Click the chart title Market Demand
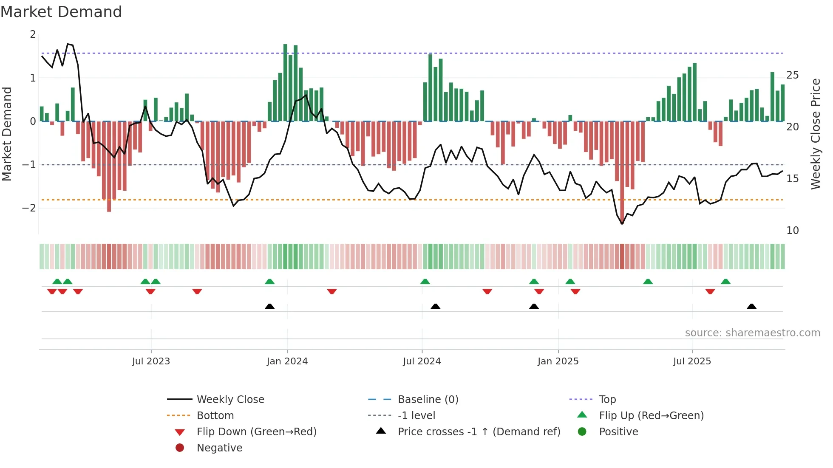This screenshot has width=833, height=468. click(x=61, y=12)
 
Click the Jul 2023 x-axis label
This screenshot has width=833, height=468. click(x=151, y=361)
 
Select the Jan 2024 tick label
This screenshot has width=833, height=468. click(x=287, y=361)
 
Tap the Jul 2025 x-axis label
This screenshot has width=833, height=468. click(x=692, y=361)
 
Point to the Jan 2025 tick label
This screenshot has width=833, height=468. click(x=558, y=361)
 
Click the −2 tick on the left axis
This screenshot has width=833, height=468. click(x=29, y=208)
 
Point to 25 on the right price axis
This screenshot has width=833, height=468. click(x=793, y=75)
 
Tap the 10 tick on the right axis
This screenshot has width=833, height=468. click(x=793, y=231)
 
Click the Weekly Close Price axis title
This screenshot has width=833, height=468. click(x=815, y=134)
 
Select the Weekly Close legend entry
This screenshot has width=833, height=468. click(x=230, y=400)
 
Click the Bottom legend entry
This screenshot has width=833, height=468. click(x=215, y=416)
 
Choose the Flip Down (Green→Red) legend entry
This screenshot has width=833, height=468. click(x=256, y=432)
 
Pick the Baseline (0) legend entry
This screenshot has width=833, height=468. click(x=428, y=400)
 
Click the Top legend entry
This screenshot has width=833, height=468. click(x=607, y=400)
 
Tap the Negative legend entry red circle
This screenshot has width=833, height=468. click(x=180, y=448)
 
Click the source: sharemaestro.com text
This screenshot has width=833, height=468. click(x=752, y=333)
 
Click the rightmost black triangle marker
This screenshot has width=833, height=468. click(x=751, y=307)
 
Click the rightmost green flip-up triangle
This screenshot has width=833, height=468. click(x=725, y=282)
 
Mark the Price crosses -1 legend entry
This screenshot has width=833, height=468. click(x=479, y=432)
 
